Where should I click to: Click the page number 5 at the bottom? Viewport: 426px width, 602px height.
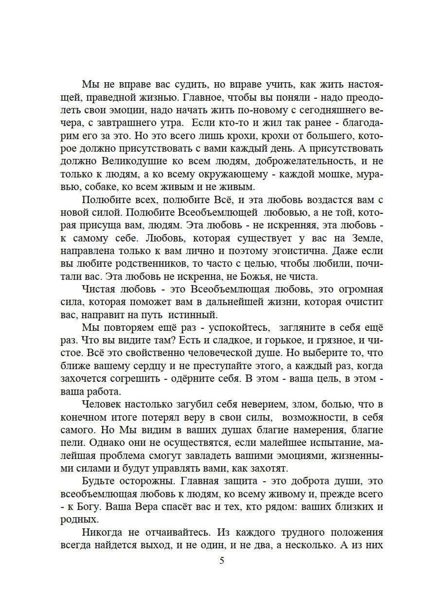pos(222,561)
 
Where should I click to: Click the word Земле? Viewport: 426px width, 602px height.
pos(367,238)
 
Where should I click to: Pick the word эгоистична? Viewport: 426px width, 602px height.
pos(300,251)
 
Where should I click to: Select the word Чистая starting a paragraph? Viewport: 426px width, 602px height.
pos(99,289)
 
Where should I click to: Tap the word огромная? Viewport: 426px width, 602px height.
pos(361,289)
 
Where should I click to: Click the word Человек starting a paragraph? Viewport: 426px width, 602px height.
pos(103,404)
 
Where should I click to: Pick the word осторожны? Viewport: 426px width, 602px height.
pos(145,481)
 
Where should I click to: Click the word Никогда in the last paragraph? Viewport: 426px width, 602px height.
pos(103,532)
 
